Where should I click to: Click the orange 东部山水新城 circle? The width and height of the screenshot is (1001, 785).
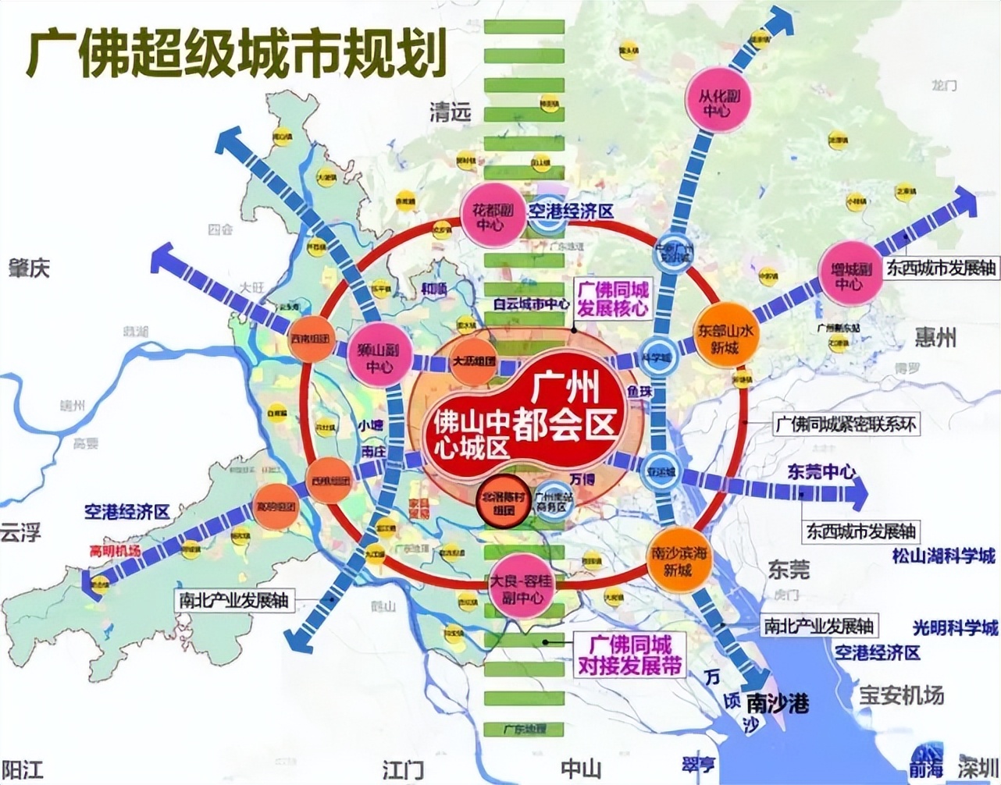(x=725, y=337)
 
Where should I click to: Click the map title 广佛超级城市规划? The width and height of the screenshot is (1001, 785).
(x=236, y=52)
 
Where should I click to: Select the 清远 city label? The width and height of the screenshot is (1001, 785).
(x=451, y=112)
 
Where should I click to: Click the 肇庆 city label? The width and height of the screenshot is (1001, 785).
(x=29, y=268)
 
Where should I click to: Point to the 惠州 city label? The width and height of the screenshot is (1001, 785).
(x=935, y=337)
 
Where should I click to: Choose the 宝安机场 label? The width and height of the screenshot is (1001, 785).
(x=901, y=694)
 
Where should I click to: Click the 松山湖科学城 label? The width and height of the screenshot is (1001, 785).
(x=944, y=556)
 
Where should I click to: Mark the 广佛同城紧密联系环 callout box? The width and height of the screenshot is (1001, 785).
(x=845, y=424)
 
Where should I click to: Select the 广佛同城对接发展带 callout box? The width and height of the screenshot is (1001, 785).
(x=629, y=655)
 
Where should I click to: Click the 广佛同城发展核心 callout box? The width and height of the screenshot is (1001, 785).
(x=612, y=299)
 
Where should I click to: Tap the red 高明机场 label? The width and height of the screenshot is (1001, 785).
(x=115, y=551)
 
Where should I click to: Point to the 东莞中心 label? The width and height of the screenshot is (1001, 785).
(x=821, y=471)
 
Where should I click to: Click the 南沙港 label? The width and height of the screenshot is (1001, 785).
(x=776, y=703)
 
